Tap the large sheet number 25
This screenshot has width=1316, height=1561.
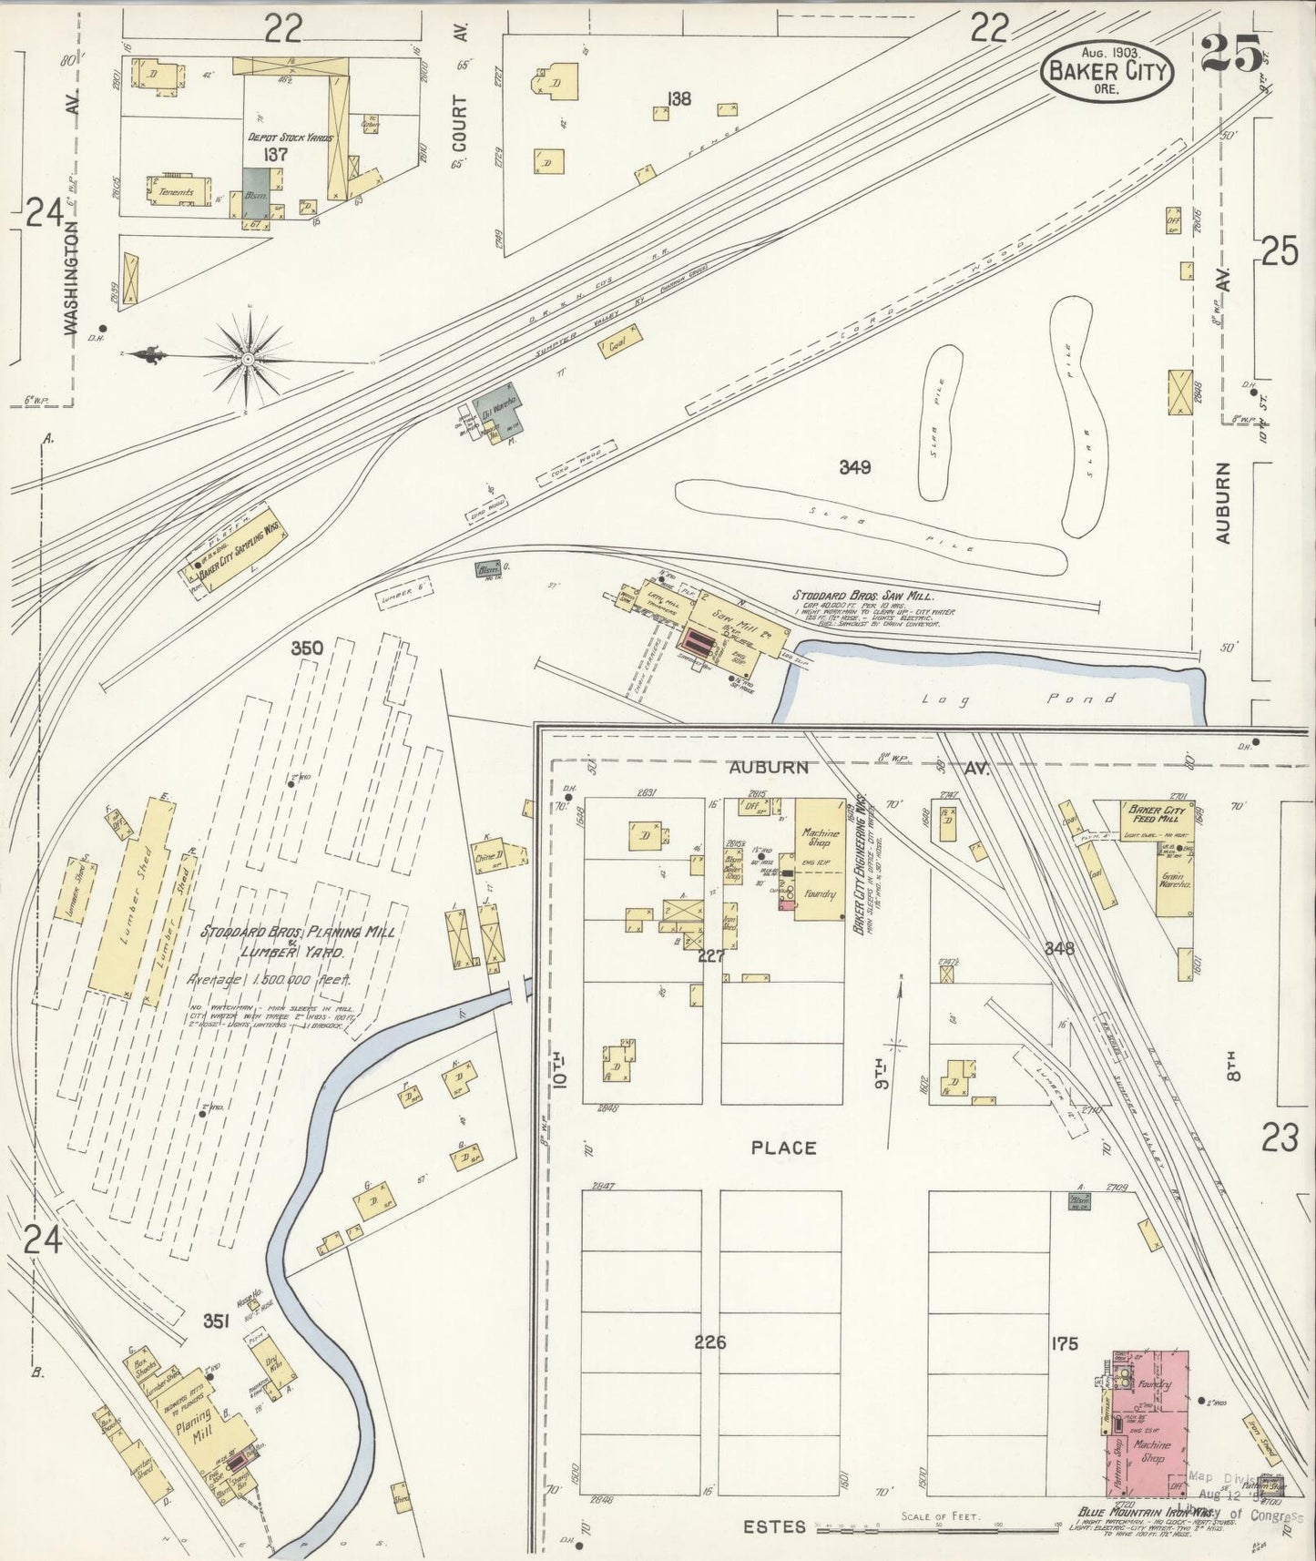tap(1231, 55)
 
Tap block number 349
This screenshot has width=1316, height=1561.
tap(855, 467)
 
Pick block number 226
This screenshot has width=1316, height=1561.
tap(709, 1342)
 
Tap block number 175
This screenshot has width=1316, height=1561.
tap(1063, 1342)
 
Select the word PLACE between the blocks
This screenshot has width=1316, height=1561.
tap(783, 1148)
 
